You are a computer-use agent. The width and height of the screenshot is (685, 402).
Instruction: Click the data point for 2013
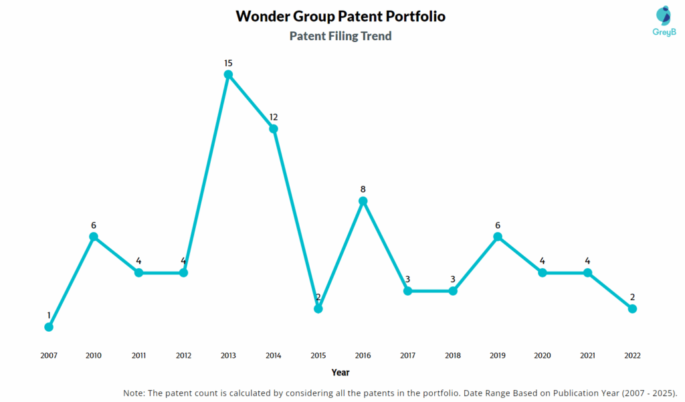pos(228,75)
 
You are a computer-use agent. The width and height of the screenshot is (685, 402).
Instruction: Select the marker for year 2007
pos(49,327)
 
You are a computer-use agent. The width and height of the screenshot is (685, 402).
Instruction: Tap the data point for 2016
pos(363,201)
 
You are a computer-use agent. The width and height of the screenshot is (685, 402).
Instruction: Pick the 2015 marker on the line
pos(318,308)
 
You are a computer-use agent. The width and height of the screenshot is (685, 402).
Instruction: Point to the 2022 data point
pos(632,308)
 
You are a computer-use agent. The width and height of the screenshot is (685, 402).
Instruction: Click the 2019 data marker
pos(498,237)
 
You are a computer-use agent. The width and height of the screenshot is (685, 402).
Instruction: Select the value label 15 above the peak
pos(228,63)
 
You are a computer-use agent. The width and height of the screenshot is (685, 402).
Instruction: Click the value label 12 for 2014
pos(274,117)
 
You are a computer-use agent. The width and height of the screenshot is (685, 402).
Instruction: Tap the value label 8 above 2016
pos(363,189)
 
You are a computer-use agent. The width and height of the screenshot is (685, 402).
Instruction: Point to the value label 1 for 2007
pos(49,315)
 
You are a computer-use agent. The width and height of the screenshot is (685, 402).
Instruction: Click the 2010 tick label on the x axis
pos(94,356)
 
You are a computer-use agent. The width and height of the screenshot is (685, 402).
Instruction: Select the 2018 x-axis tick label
pos(453,356)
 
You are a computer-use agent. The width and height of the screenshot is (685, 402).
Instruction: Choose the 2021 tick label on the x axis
pos(587,356)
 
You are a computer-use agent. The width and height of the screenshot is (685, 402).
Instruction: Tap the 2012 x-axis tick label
pos(183,356)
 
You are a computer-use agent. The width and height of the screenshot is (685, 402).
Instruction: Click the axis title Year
pos(340,373)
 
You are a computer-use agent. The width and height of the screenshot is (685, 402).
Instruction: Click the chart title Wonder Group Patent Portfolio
pos(340,16)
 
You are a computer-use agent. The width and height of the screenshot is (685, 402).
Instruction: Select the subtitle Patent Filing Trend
pos(340,36)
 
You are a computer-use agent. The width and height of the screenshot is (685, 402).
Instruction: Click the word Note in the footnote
pos(135,393)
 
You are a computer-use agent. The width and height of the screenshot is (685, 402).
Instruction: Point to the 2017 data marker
pos(408,291)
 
